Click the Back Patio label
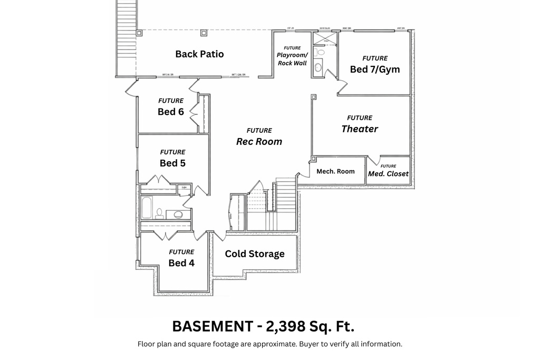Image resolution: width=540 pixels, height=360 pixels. (199, 54)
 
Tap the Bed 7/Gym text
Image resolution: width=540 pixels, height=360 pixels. (375, 69)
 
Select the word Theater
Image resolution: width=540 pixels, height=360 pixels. (360, 129)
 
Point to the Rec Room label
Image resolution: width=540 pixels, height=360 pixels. (258, 141)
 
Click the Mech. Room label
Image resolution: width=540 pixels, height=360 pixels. (335, 171)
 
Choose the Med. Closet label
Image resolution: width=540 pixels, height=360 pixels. (388, 173)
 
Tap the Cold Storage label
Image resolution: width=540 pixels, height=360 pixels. (255, 254)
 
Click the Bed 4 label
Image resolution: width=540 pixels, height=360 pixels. (181, 262)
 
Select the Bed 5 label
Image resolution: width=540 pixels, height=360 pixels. (172, 163)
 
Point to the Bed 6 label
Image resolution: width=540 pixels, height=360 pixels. (170, 112)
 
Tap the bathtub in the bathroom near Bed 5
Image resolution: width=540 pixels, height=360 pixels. (147, 208)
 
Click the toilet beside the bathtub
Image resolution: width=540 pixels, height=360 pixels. (159, 213)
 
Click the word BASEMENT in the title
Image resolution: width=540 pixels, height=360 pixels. (212, 327)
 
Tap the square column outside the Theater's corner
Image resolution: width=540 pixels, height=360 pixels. (313, 97)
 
